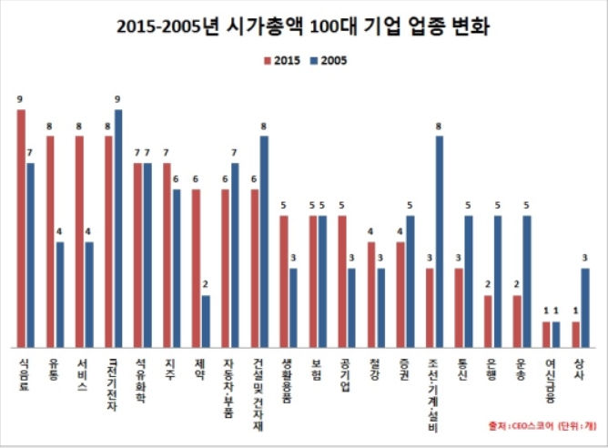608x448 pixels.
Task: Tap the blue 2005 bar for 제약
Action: tap(206, 321)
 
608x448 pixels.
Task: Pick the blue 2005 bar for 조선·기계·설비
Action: tap(440, 241)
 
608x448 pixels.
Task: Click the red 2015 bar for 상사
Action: tap(575, 333)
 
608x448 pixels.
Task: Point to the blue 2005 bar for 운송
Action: tap(527, 280)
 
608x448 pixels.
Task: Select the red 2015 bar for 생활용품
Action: tap(284, 280)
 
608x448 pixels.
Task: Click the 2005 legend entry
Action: tap(329, 60)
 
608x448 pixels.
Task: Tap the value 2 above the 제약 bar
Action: tap(207, 285)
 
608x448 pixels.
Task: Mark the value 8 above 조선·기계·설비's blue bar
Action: tap(441, 126)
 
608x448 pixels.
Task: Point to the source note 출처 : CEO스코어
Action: tap(519, 425)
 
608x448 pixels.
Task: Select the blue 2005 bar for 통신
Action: tap(469, 280)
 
